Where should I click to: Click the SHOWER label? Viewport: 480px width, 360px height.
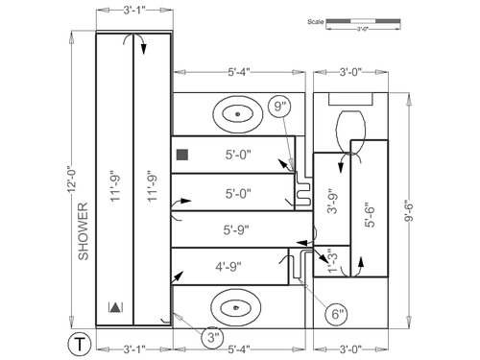click(x=84, y=231)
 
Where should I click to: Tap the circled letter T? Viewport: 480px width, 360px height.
click(x=80, y=345)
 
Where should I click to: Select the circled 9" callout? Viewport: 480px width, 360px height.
click(x=279, y=107)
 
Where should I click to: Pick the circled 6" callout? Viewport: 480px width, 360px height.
click(x=337, y=314)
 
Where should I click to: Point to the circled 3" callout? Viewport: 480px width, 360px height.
click(x=213, y=338)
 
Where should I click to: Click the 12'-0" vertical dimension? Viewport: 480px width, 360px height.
click(x=71, y=180)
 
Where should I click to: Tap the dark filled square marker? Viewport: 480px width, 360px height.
click(x=182, y=155)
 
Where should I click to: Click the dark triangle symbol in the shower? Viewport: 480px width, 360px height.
click(x=115, y=307)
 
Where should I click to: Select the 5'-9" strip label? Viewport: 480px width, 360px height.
click(x=236, y=229)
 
